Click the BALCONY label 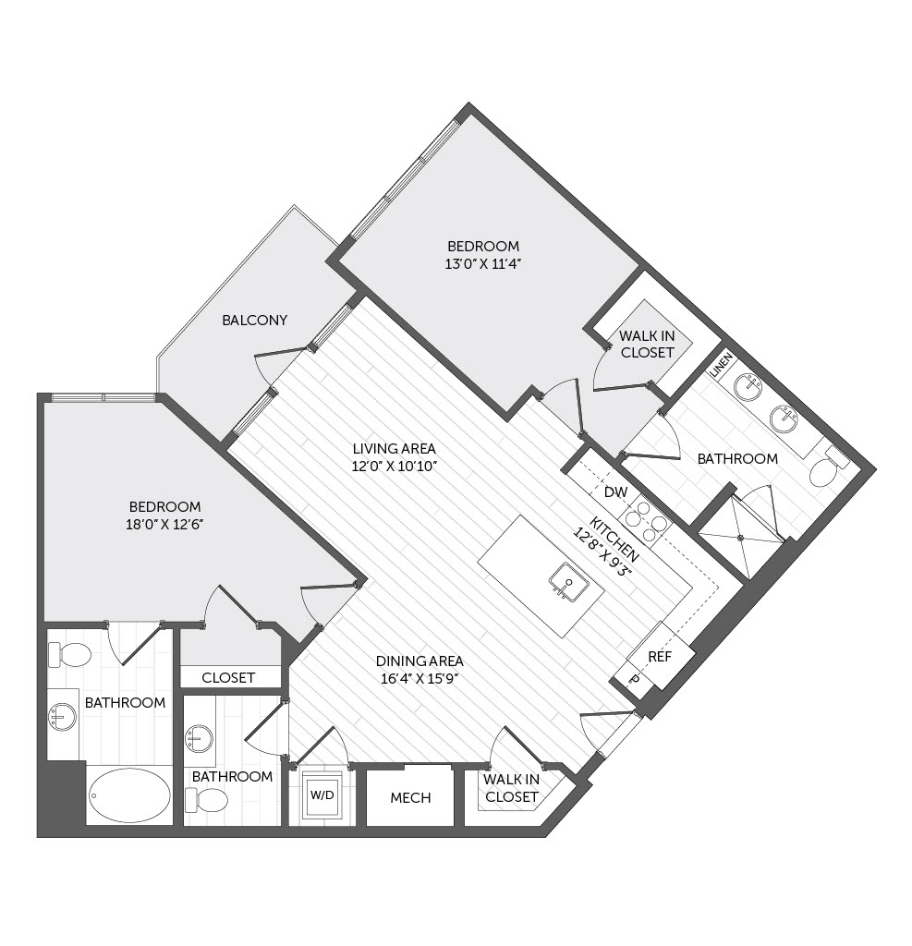[254, 321]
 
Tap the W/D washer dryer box [322, 794]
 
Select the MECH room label [410, 798]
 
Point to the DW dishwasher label [615, 492]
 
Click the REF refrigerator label [660, 657]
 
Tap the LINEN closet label [722, 365]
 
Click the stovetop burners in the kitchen [646, 518]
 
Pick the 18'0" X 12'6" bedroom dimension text [164, 525]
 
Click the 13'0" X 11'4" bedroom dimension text [483, 263]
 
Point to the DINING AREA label [420, 661]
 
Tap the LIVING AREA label [395, 449]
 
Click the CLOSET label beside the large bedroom [228, 677]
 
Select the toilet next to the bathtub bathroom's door [69, 655]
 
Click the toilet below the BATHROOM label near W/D [206, 801]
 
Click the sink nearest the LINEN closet [748, 387]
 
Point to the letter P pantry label [634, 679]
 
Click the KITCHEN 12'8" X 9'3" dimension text [608, 547]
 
